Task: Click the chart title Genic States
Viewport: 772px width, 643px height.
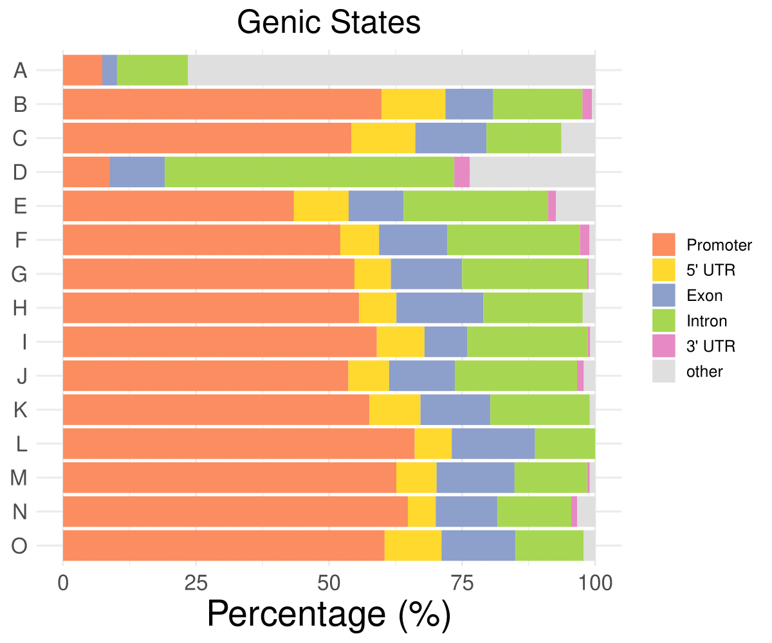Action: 329,23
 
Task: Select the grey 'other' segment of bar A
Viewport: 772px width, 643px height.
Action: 391,70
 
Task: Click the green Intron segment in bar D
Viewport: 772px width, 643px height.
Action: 309,172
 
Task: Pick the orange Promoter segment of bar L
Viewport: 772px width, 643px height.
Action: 239,444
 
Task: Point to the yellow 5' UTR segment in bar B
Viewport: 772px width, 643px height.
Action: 414,104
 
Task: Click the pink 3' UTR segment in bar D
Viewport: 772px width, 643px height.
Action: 462,172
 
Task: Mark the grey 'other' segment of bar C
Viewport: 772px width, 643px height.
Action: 578,138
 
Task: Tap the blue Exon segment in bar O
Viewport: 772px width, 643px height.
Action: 478,546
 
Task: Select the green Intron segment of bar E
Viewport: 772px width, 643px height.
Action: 475,206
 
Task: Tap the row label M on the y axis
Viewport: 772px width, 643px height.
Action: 19,478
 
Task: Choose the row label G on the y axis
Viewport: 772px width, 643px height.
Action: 19,275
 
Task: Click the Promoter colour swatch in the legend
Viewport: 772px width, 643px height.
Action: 664,245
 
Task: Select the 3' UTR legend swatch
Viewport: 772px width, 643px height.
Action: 664,346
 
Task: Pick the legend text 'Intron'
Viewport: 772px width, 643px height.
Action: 707,321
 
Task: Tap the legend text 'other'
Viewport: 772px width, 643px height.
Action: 705,372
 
